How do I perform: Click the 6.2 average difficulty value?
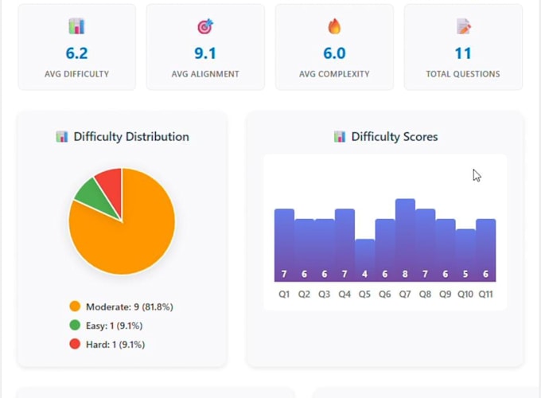click(x=76, y=53)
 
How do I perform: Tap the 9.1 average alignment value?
click(x=205, y=53)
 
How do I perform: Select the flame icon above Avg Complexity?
click(x=334, y=26)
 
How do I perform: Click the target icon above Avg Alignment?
click(x=205, y=26)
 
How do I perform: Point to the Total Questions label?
click(x=463, y=74)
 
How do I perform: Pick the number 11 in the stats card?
click(x=463, y=53)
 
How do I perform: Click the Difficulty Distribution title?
click(x=131, y=137)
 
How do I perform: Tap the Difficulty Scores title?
click(x=395, y=137)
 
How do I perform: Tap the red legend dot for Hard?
click(x=75, y=344)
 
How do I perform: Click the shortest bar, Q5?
click(x=364, y=260)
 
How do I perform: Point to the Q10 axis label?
click(x=465, y=294)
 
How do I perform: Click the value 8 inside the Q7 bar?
click(x=405, y=274)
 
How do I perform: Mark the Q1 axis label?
click(x=284, y=294)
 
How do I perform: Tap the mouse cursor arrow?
click(x=477, y=175)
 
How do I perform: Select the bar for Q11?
click(x=486, y=250)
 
